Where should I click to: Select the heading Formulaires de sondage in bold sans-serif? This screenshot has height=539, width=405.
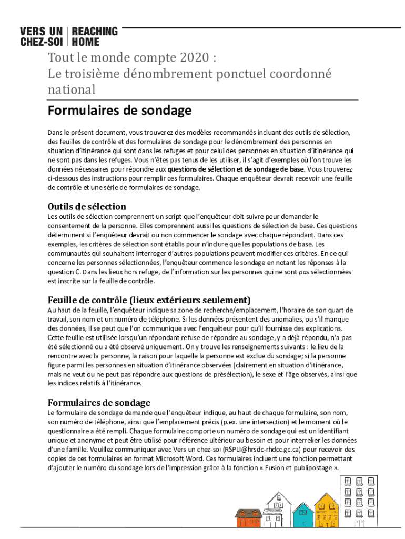pos(119,111)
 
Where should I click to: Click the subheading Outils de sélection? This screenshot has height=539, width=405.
pos(87,206)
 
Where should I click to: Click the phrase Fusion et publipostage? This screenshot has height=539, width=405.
pos(294,467)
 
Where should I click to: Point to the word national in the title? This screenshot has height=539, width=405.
pos(72,90)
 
